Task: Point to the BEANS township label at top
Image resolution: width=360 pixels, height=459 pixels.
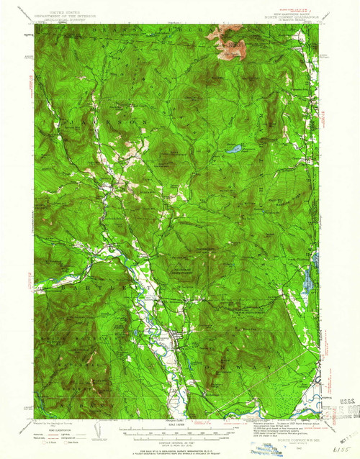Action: tap(144, 27)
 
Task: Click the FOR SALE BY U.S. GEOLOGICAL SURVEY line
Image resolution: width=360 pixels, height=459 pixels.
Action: tap(176, 445)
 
